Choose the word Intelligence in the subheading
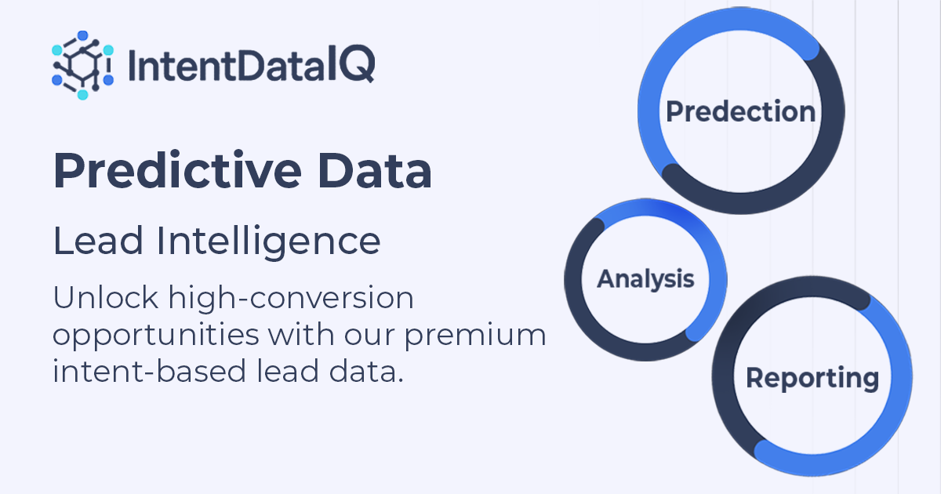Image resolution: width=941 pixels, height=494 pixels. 269,242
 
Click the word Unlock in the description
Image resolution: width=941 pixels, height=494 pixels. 100,298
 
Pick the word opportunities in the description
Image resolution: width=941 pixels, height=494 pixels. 155,336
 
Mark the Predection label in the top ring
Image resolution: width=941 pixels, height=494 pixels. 740,112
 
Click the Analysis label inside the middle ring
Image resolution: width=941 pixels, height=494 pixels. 645,279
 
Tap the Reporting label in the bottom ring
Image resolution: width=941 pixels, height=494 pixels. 812,379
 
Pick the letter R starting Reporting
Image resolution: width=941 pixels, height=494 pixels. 755,378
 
